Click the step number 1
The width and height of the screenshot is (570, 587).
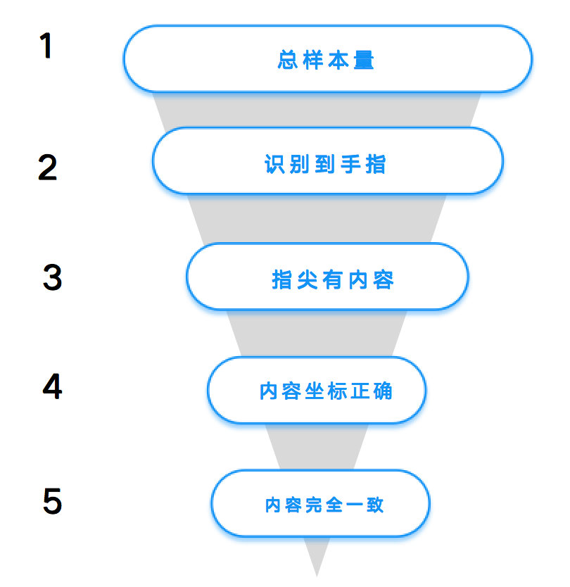click(46, 45)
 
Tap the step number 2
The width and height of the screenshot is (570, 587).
click(48, 167)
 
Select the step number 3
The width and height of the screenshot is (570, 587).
click(52, 277)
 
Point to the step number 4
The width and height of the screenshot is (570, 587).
click(52, 386)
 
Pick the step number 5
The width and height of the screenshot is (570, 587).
click(52, 500)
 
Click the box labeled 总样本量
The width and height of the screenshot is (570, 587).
click(327, 59)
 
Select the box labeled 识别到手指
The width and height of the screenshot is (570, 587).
click(327, 161)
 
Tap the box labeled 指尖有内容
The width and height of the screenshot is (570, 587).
click(327, 277)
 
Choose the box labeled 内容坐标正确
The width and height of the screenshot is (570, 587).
click(317, 391)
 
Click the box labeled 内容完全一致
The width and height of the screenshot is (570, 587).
click(320, 503)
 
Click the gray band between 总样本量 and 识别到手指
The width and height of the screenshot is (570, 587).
click(317, 110)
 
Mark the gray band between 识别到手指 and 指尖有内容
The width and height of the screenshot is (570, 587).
click(317, 219)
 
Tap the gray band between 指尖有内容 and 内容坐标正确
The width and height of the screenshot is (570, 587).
click(317, 334)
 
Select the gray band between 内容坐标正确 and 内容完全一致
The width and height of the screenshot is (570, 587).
click(317, 447)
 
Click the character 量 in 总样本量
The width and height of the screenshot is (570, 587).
click(364, 60)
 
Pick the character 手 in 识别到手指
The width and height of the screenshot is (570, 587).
click(350, 164)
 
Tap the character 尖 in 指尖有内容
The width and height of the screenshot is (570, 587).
click(308, 279)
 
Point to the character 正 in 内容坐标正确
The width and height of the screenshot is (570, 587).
click(360, 391)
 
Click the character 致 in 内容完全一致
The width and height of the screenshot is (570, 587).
click(375, 505)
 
